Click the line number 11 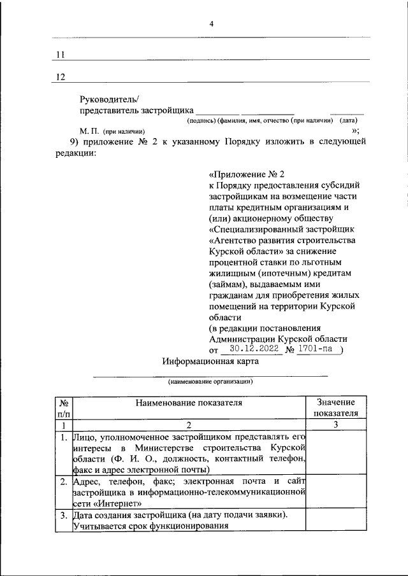pos(61,55)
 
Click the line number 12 pos(61,77)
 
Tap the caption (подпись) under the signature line pos(201,120)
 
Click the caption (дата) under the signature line pos(348,120)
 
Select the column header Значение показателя pos(335,407)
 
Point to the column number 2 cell pos(189,425)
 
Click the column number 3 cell pos(335,425)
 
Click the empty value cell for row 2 pos(335,492)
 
